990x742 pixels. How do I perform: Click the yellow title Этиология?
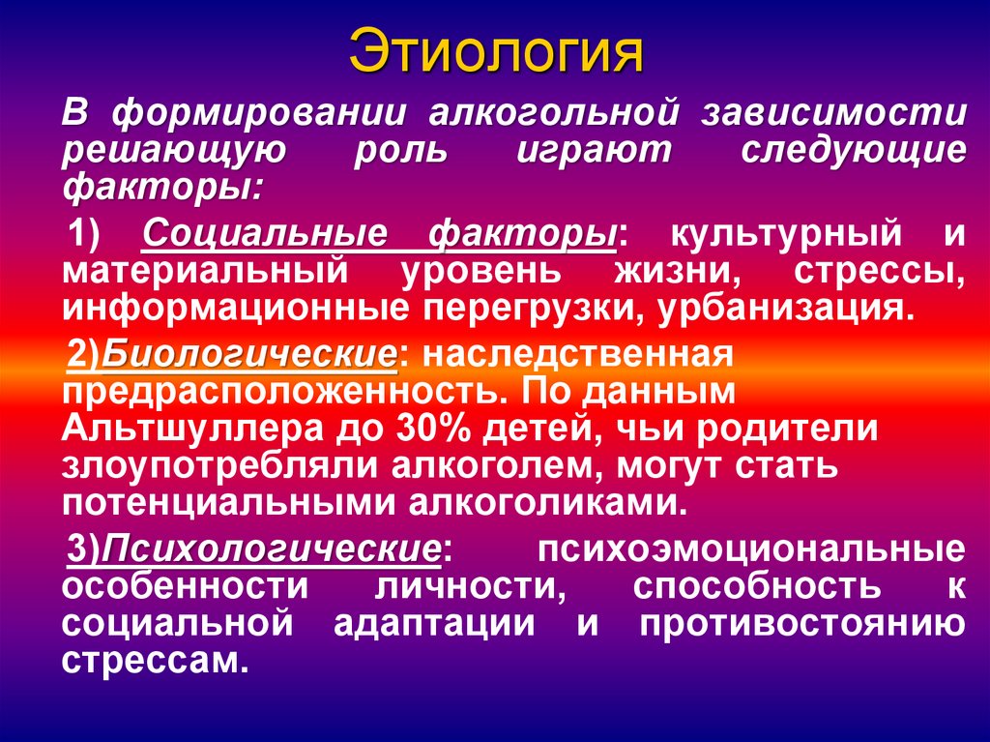[x=496, y=51]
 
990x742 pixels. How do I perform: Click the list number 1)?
[x=85, y=235]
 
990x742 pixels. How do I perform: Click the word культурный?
[x=786, y=235]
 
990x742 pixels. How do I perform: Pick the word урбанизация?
[x=786, y=310]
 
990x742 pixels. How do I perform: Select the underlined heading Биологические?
[x=249, y=355]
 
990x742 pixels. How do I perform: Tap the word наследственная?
[x=578, y=354]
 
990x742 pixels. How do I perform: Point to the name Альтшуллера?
[x=190, y=430]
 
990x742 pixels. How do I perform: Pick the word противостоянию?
[x=802, y=624]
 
